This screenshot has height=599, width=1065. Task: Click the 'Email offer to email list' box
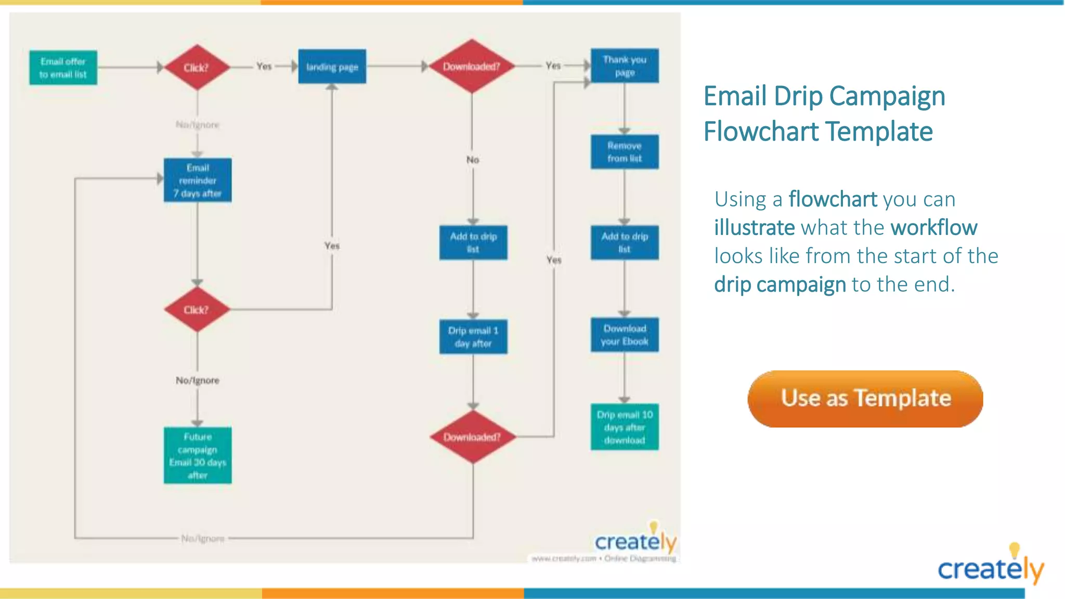(63, 68)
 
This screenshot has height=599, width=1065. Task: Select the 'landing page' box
(332, 67)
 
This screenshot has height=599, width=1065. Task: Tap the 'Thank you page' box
(625, 66)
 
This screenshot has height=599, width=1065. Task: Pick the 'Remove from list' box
(625, 152)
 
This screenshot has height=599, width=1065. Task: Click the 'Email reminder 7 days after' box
(198, 180)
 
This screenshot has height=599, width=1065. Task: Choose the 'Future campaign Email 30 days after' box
(198, 455)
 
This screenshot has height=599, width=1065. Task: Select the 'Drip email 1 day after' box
(473, 337)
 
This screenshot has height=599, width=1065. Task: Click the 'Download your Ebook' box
(625, 335)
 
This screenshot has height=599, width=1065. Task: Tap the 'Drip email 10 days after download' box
(625, 427)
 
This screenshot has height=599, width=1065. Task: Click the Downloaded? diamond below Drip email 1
(472, 437)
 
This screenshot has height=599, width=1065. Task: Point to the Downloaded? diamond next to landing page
(471, 67)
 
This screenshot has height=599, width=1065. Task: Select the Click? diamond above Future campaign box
(197, 310)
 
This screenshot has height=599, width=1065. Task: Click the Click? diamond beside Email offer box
(197, 68)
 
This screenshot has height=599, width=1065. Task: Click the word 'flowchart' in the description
(833, 199)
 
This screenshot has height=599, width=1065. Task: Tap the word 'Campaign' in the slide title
(887, 96)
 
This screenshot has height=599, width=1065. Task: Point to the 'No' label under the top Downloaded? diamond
(473, 160)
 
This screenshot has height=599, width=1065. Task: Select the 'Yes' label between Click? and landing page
(264, 66)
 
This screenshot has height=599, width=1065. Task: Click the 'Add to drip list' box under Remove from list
(625, 242)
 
